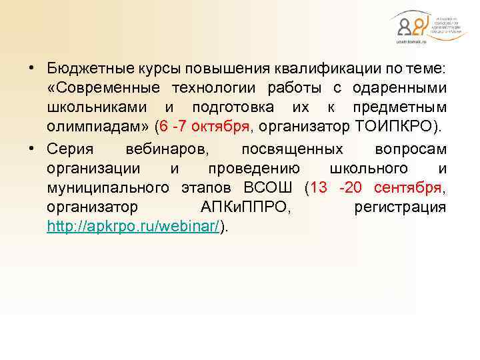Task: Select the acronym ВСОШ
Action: pos(266,187)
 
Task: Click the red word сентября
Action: pos(408,187)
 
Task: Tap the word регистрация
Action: pos(400,207)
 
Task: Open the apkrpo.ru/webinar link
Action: pos(134,226)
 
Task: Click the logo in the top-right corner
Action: pos(419,27)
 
